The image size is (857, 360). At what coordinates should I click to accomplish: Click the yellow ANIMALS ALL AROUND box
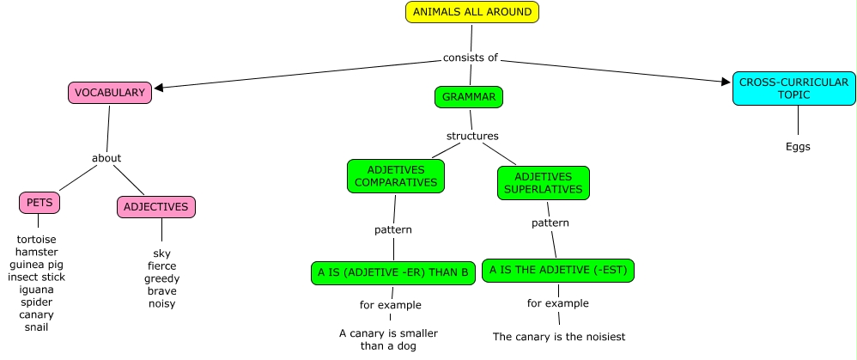pyautogui.click(x=472, y=12)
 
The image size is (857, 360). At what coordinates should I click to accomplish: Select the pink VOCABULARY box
pyautogui.click(x=110, y=93)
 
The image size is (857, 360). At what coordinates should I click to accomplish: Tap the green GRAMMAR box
pyautogui.click(x=469, y=97)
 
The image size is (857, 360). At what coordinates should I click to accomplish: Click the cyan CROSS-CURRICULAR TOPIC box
pyautogui.click(x=794, y=88)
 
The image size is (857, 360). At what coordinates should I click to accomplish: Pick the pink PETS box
pyautogui.click(x=40, y=203)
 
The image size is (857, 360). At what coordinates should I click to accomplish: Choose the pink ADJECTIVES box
pyautogui.click(x=155, y=207)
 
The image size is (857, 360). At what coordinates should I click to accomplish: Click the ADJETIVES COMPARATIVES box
pyautogui.click(x=396, y=176)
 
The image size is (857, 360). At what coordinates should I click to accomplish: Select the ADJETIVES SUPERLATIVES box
pyautogui.click(x=544, y=183)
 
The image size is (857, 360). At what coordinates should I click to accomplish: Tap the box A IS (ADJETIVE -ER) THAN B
pyautogui.click(x=393, y=273)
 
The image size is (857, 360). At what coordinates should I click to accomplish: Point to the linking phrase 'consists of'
pyautogui.click(x=470, y=58)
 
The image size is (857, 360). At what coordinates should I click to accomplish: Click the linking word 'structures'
pyautogui.click(x=472, y=136)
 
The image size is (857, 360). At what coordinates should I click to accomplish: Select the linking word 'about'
pyautogui.click(x=106, y=158)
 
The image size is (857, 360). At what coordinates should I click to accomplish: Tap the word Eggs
pyautogui.click(x=798, y=146)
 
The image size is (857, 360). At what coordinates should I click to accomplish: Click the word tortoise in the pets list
pyautogui.click(x=36, y=239)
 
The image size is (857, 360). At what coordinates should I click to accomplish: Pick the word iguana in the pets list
pyautogui.click(x=36, y=290)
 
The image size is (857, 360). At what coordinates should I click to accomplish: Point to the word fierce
pyautogui.click(x=161, y=266)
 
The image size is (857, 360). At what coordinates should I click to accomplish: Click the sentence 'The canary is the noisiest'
pyautogui.click(x=559, y=337)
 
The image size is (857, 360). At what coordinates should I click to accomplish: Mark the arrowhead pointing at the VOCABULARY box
pyautogui.click(x=159, y=87)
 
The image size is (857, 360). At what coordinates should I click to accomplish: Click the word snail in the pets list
pyautogui.click(x=36, y=327)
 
